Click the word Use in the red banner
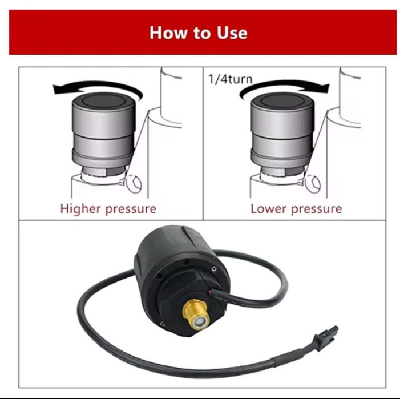[232, 33]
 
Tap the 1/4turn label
[230, 79]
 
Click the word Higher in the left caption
[80, 209]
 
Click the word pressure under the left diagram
[131, 209]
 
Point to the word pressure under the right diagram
[316, 209]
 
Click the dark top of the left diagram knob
[103, 100]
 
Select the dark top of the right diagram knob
[282, 101]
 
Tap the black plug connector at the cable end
[326, 334]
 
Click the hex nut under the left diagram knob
[104, 170]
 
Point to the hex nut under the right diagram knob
[282, 171]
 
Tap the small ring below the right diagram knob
[312, 184]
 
